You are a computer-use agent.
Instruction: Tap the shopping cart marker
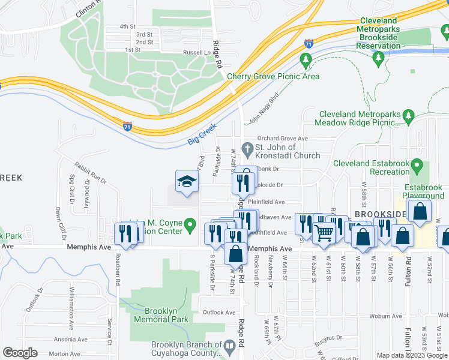tap(324, 232)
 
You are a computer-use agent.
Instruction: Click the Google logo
tap(20, 353)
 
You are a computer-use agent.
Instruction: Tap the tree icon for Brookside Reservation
tap(378, 58)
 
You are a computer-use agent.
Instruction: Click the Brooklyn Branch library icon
tap(229, 346)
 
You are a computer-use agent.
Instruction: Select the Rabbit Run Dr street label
tap(91, 173)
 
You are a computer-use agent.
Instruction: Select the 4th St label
tap(127, 26)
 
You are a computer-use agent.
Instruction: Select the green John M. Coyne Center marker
tap(190, 226)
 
